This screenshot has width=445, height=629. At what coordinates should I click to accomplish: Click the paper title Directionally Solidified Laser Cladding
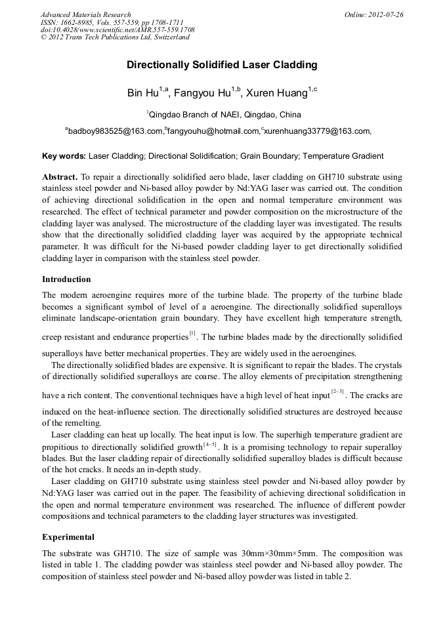coord(222,65)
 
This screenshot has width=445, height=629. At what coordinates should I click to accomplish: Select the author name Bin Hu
coord(142,93)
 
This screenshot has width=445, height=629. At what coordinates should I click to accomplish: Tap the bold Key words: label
coord(64,156)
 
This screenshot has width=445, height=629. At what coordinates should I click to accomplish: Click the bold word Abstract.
coord(59,177)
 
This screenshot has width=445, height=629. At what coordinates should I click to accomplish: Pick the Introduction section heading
coord(66,279)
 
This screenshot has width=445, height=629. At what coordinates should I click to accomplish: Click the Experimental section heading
coord(68,537)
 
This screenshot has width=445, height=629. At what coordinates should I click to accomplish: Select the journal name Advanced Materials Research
coord(85,14)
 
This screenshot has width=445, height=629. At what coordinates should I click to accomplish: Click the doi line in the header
coord(117,30)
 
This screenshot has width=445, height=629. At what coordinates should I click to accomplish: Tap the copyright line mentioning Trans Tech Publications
coord(115,37)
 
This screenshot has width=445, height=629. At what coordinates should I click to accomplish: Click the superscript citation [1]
coord(192,333)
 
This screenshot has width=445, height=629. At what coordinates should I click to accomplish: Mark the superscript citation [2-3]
coord(338,392)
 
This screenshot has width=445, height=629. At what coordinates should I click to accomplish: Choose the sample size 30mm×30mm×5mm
coord(313,553)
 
